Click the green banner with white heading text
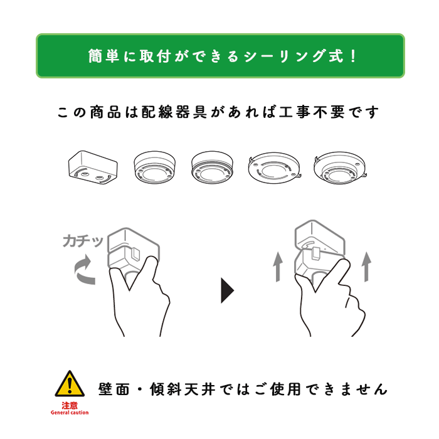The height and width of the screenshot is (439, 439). tap(219, 56)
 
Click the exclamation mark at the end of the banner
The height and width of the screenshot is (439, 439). tap(352, 56)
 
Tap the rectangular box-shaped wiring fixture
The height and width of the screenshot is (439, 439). tap(92, 167)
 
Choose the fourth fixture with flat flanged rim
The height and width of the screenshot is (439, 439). tap(274, 167)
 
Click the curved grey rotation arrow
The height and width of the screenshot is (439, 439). tap(85, 272)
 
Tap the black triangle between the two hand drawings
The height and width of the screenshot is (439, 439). tap(227, 290)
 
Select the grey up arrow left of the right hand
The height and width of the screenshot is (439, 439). tap(277, 268)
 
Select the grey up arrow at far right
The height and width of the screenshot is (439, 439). tap(368, 268)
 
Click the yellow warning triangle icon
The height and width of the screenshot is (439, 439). tap(69, 384)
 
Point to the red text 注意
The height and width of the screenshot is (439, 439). tap(69, 405)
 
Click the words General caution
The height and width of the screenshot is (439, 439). tap(70, 413)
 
